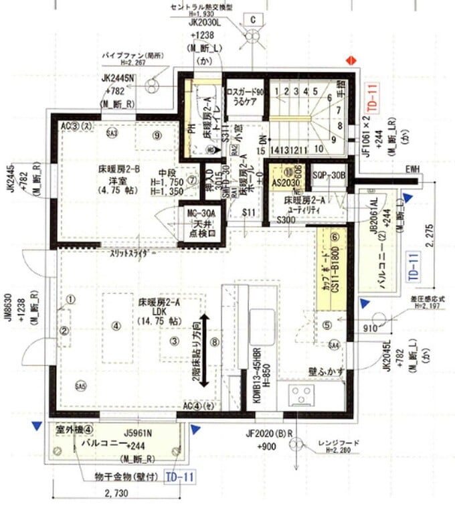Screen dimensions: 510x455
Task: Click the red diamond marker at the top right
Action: [x=349, y=60]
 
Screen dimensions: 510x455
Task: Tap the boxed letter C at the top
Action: [x=254, y=19]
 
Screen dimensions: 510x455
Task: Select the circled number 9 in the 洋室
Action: [x=158, y=135]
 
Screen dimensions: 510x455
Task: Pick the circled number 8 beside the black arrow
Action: [x=214, y=342]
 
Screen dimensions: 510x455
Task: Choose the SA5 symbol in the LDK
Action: [x=82, y=387]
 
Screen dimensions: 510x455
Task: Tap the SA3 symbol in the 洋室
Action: [x=111, y=133]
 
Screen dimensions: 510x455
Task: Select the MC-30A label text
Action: [x=201, y=214]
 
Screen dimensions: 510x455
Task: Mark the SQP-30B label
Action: [x=329, y=175]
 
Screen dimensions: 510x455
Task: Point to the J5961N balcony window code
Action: [x=138, y=432]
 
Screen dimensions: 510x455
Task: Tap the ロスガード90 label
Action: [x=246, y=92]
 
